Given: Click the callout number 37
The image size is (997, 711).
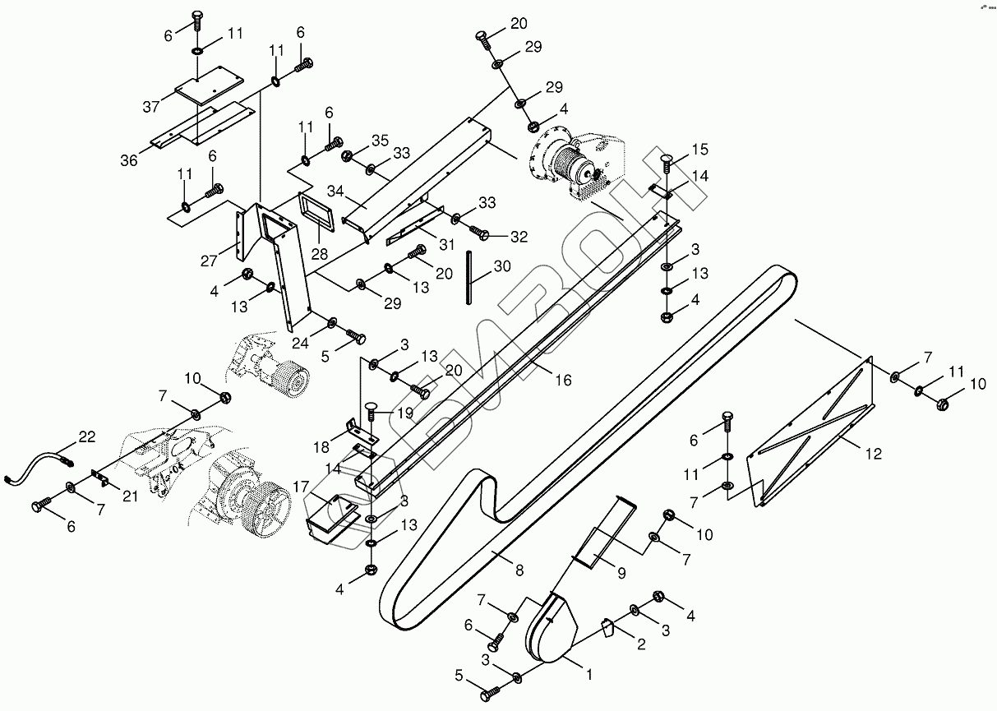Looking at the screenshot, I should pos(150,108).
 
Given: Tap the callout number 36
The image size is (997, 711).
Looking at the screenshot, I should pos(129,160).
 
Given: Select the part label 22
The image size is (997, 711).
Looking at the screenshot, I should pos(87,436).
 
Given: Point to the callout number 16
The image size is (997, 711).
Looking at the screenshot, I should pos(562,380).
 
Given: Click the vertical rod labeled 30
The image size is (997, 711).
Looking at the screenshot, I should pos(470,277).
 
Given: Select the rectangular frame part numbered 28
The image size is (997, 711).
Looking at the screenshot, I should pos(314,211).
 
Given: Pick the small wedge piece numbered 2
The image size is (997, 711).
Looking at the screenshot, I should pos(607,629).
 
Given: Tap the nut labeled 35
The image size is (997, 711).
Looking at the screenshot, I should pos(347,155).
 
